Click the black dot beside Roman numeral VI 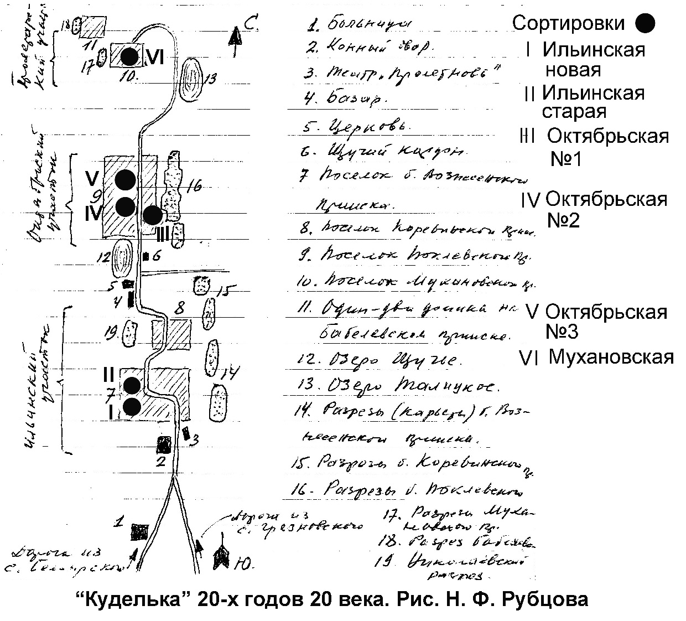click(x=129, y=56)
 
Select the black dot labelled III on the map click(x=152, y=215)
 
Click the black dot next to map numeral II click(x=132, y=384)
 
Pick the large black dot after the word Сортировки click(x=645, y=23)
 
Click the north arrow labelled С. click(x=236, y=39)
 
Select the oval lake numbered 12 click(x=122, y=258)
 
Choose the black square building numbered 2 click(x=163, y=444)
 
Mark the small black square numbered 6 click(x=146, y=256)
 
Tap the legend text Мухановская click(x=611, y=357)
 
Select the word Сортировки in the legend click(x=568, y=23)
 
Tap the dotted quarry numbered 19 click(x=131, y=334)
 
